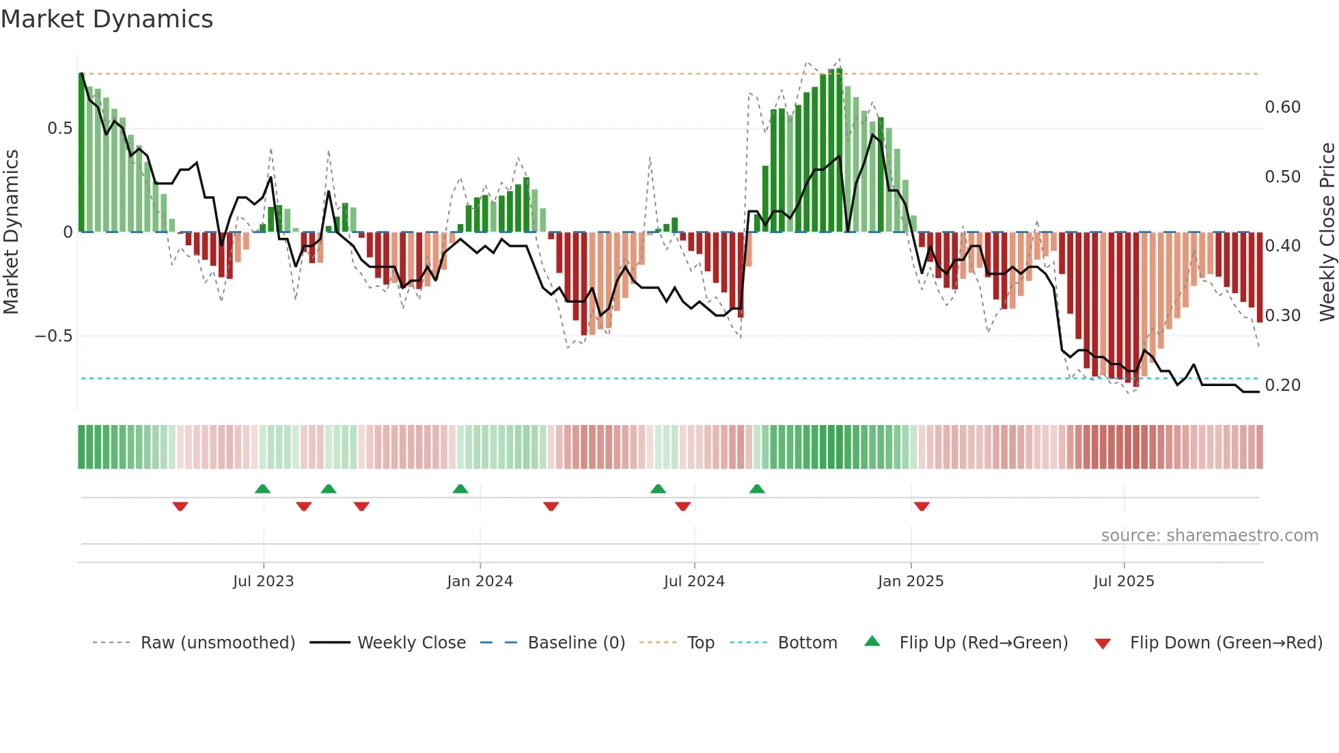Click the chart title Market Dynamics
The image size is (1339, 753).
tap(107, 19)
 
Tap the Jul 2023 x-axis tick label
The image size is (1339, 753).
tap(263, 581)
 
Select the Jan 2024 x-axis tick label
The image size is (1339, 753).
tap(480, 581)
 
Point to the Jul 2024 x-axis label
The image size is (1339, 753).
tap(694, 581)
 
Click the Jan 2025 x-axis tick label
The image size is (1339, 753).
tap(911, 581)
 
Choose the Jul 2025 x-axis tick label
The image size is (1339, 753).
tap(1124, 581)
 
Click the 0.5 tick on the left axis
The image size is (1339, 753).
tap(59, 128)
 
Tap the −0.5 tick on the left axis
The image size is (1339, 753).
tap(54, 336)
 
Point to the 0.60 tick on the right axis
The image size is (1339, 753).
tap(1282, 107)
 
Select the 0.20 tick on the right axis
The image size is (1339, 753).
tap(1282, 385)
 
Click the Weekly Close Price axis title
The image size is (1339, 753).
tap(1327, 232)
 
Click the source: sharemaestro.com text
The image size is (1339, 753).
tap(1209, 536)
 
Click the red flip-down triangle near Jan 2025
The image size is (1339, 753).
tap(922, 506)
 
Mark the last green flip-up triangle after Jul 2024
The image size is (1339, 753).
tap(757, 489)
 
